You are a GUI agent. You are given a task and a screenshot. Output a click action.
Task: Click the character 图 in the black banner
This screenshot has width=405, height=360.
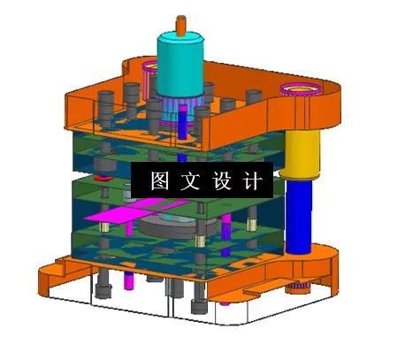[160, 180]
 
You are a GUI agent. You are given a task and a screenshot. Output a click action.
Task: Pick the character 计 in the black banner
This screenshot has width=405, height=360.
[252, 180]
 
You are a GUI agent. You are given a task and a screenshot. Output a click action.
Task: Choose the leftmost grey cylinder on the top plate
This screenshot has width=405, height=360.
[106, 103]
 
